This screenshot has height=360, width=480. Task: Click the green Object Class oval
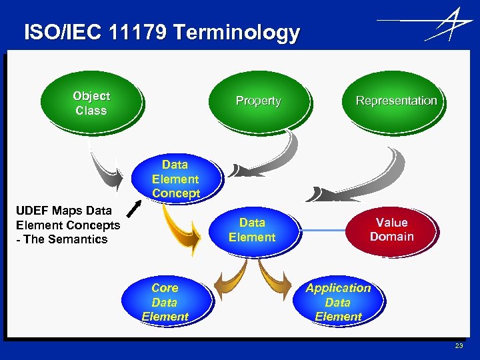click(91, 103)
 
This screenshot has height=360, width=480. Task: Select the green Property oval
click(258, 101)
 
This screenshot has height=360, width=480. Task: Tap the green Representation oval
click(396, 101)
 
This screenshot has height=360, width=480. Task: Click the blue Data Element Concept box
click(175, 179)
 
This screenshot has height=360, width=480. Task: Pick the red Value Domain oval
click(392, 230)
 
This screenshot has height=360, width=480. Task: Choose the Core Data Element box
click(165, 302)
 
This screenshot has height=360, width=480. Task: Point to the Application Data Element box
click(338, 302)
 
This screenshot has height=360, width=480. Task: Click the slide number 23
click(458, 345)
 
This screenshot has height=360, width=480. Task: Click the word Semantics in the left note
click(83, 239)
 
